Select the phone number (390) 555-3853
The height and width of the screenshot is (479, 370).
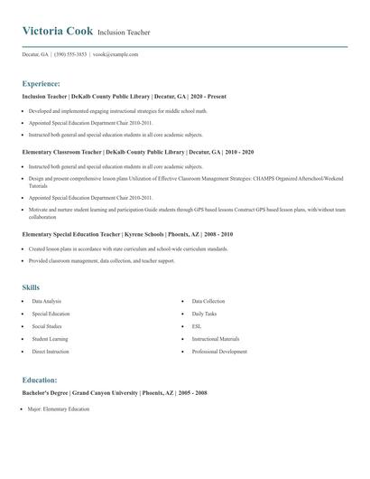tap(70, 54)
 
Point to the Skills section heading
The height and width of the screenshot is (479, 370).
tap(31, 287)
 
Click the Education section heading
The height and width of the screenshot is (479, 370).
tap(40, 380)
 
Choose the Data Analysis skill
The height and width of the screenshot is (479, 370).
tap(47, 301)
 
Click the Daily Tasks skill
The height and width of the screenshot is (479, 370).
tap(204, 314)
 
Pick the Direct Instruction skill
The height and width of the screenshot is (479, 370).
tap(51, 352)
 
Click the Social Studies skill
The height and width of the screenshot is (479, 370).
tap(47, 326)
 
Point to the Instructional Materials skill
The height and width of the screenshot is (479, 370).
tap(216, 339)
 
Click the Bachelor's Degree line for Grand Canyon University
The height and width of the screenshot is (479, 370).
tap(115, 393)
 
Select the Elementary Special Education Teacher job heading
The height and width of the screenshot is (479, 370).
tap(127, 234)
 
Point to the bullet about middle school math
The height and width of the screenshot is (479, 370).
tap(117, 110)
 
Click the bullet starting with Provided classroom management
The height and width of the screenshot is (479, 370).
tap(101, 261)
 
